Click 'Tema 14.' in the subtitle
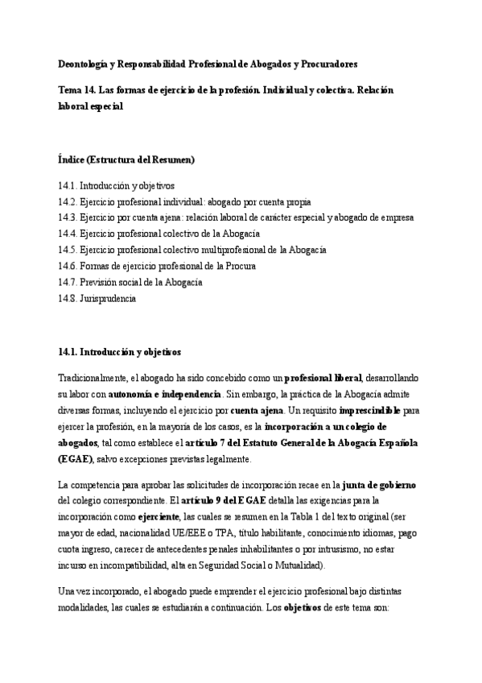(x=77, y=90)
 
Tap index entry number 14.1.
(x=68, y=185)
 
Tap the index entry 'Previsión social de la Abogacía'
(x=141, y=282)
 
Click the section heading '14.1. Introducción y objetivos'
(x=120, y=352)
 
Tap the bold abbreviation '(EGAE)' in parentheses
(x=76, y=458)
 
